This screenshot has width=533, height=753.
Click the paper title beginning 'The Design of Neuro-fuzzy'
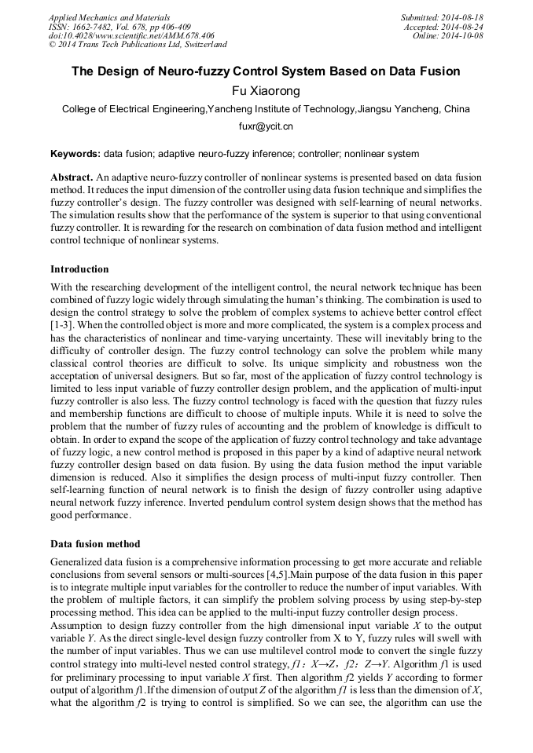(266, 71)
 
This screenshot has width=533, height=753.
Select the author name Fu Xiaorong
(266, 91)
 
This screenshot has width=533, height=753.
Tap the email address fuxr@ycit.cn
(266, 126)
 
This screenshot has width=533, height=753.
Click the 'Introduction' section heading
(79, 269)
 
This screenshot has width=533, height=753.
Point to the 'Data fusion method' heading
(96, 543)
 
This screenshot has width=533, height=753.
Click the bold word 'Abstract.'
(72, 178)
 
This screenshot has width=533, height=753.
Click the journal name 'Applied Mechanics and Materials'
(108, 17)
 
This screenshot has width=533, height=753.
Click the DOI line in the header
(130, 36)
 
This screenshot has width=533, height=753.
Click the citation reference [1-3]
(64, 324)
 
